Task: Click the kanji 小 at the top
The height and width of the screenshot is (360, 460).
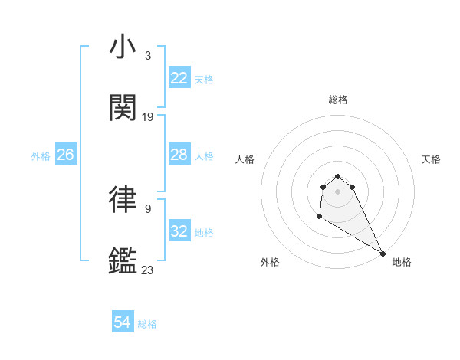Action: pyautogui.click(x=123, y=47)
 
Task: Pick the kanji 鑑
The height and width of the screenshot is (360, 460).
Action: pyautogui.click(x=123, y=261)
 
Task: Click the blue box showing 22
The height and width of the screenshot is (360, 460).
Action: pyautogui.click(x=179, y=78)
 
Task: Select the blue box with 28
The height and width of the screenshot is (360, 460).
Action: pyautogui.click(x=179, y=155)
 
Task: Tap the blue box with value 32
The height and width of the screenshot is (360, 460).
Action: pyautogui.click(x=179, y=231)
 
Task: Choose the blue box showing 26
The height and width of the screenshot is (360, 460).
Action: pyautogui.click(x=65, y=155)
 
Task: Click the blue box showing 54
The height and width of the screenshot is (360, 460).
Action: pyautogui.click(x=123, y=323)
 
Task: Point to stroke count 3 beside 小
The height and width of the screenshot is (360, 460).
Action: pyautogui.click(x=147, y=55)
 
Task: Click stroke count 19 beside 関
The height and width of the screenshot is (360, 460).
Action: pyautogui.click(x=148, y=116)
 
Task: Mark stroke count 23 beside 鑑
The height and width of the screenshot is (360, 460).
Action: pyautogui.click(x=148, y=270)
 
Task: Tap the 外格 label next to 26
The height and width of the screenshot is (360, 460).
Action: pyautogui.click(x=41, y=155)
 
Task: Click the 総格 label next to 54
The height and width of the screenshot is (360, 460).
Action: pyautogui.click(x=147, y=324)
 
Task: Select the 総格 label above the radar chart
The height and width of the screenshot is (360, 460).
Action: pyautogui.click(x=337, y=100)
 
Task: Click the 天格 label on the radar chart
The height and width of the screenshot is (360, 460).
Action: pyautogui.click(x=431, y=159)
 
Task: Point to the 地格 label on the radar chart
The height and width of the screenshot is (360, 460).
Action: pyautogui.click(x=402, y=262)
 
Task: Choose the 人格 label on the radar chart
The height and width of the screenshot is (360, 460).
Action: pyautogui.click(x=245, y=159)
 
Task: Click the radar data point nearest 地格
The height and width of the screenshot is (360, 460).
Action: pyautogui.click(x=383, y=254)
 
